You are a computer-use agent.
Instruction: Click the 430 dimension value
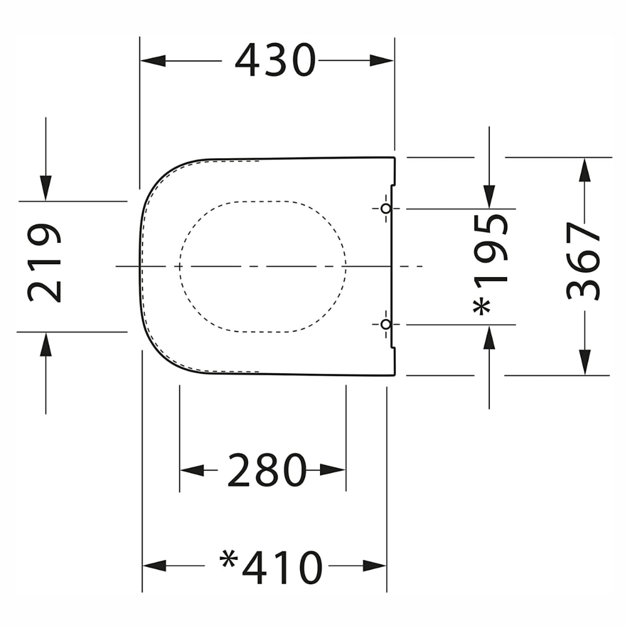275,61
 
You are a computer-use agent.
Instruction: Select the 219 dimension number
44,263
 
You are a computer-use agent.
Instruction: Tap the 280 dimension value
267,470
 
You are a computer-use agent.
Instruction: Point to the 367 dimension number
583,261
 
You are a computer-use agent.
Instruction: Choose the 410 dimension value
282,567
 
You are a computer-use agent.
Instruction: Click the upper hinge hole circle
385,209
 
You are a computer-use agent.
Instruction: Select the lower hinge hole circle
385,325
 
